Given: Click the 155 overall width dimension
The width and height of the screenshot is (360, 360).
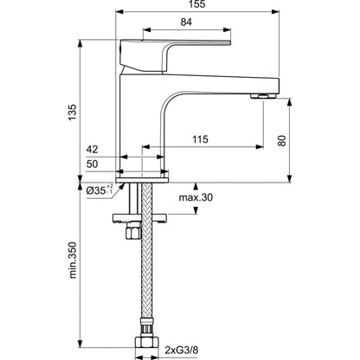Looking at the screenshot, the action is [x=197, y=4].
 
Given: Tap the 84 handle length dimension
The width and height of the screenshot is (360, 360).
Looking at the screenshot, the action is [x=186, y=22].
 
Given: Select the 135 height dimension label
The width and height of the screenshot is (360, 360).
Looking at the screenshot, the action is [x=72, y=112].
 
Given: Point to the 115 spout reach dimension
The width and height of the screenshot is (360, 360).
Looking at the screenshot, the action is [x=200, y=139].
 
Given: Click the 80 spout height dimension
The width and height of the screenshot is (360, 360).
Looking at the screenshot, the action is [x=282, y=140].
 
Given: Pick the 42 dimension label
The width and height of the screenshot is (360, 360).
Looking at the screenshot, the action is [x=92, y=150].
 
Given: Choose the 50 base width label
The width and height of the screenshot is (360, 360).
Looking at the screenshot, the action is [x=92, y=164].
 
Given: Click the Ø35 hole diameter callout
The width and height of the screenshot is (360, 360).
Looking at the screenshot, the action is [x=100, y=190].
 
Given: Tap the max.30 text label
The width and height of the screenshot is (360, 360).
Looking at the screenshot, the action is [x=196, y=197].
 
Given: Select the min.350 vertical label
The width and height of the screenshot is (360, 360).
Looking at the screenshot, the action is [x=73, y=260].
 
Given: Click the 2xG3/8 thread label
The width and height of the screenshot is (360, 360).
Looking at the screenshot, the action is [x=182, y=350].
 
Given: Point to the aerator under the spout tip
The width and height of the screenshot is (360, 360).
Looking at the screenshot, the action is [x=263, y=96].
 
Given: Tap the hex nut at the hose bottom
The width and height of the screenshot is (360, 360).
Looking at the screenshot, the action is [x=147, y=343].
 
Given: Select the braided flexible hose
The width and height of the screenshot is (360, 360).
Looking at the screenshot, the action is [x=147, y=254].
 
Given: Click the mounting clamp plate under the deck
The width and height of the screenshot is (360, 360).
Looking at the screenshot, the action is [x=139, y=218].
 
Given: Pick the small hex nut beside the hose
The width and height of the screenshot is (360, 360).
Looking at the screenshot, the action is [x=132, y=232].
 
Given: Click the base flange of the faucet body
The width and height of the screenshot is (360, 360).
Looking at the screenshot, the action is [x=142, y=180].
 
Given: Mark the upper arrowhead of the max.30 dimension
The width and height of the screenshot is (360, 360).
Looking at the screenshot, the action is [x=196, y=186].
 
